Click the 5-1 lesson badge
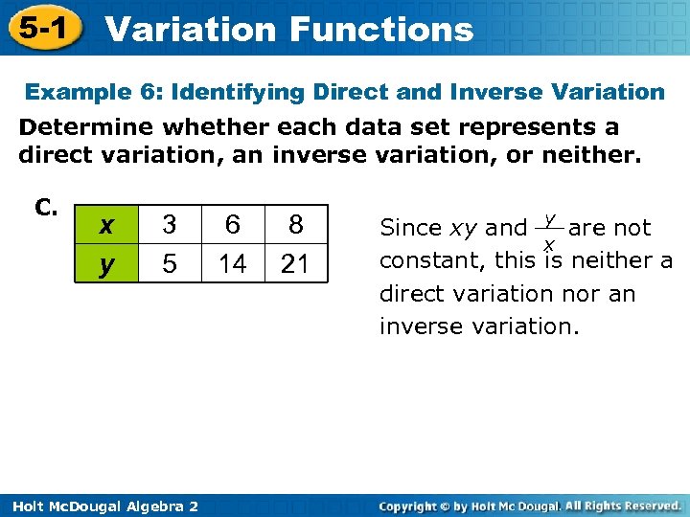coord(40,29)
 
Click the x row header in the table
coord(107,225)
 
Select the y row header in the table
coord(107,263)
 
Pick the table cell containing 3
coord(169,225)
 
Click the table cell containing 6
coord(232,225)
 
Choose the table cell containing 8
coord(295,225)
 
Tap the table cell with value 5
coord(169,263)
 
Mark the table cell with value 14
coord(232,263)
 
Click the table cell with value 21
coord(295,263)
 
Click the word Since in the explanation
coord(411,228)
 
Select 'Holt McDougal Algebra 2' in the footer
coord(100,506)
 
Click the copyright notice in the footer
coord(529,505)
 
